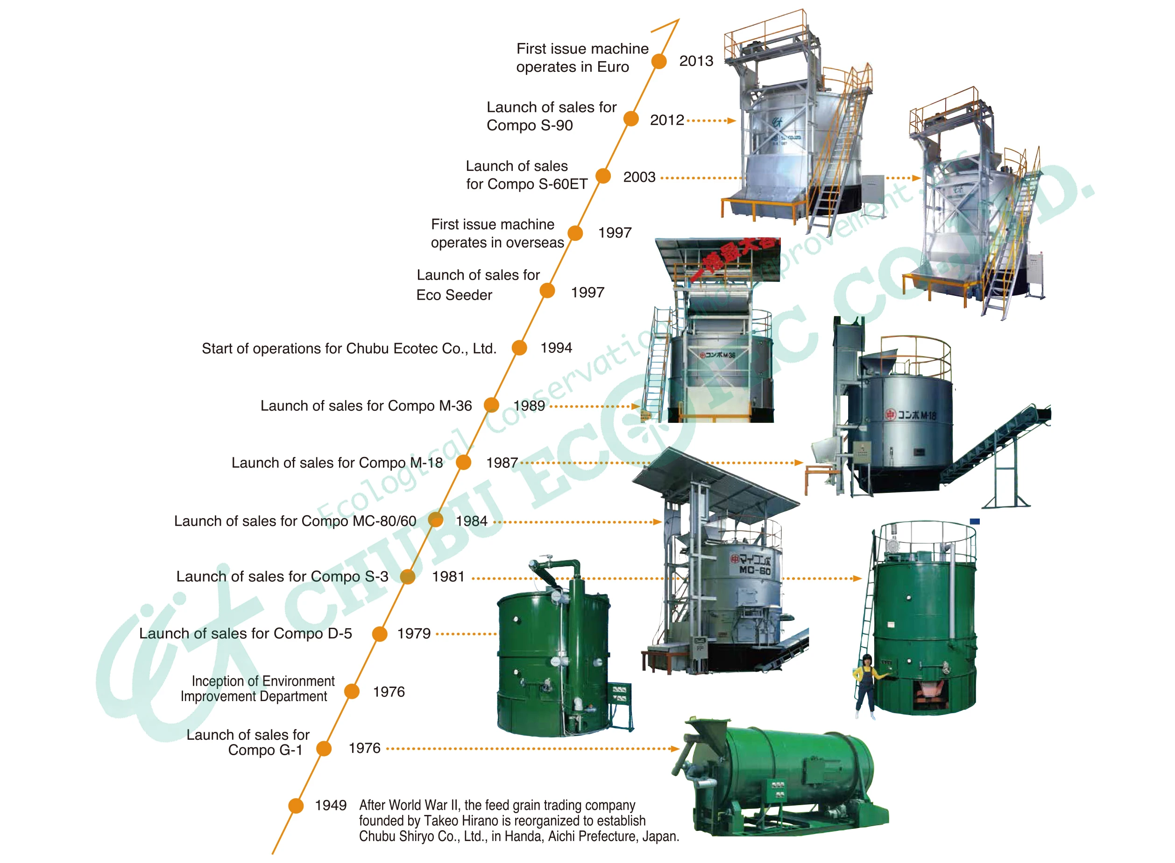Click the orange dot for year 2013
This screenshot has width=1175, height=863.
[x=658, y=61]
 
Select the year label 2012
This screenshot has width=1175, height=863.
[x=666, y=120]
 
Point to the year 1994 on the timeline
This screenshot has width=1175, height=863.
[x=556, y=348]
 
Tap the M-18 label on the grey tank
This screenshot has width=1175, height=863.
[x=916, y=415]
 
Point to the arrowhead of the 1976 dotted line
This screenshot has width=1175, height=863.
[x=675, y=749]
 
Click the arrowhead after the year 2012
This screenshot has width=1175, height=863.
[x=732, y=121]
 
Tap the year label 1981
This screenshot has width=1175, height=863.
[x=448, y=576]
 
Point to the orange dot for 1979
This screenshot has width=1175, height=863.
[x=380, y=634]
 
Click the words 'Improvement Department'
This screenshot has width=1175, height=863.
[x=254, y=696]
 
